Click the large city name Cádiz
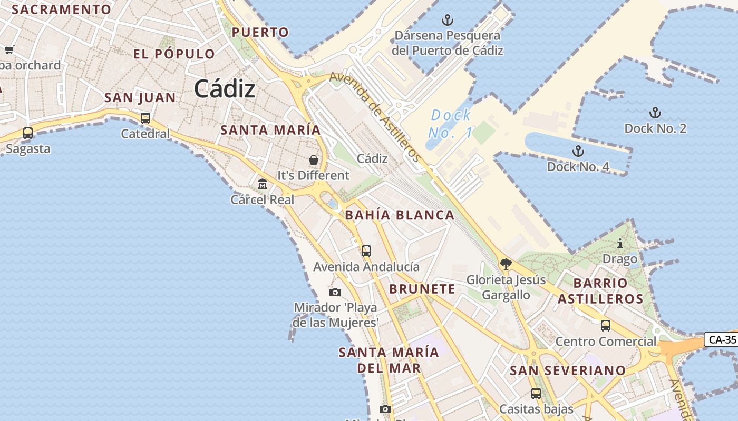coord(225,89)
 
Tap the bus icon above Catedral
coord(145,118)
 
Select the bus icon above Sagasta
coord(28,133)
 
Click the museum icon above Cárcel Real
coord(263,184)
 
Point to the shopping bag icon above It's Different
coord(314,159)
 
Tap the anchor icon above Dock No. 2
coord(655,113)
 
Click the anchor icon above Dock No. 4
coord(578,152)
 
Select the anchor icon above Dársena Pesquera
coord(447,21)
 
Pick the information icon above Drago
coord(620,244)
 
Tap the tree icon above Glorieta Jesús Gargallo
coord(506,264)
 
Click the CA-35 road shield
coord(722,339)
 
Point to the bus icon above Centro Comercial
coord(606,326)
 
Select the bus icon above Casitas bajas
coord(536,393)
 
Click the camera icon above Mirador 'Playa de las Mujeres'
coord(335,292)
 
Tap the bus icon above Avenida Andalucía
coord(366,251)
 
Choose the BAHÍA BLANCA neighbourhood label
coord(400,215)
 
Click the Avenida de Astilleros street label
coord(375,117)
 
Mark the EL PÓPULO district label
coord(174,54)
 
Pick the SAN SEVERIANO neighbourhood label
coord(567,370)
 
